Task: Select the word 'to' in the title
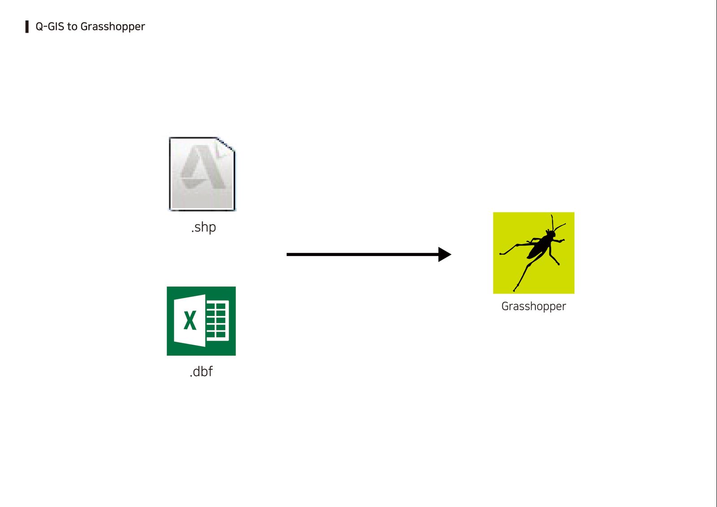click(x=72, y=27)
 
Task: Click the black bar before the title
click(x=27, y=26)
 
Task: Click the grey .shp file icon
click(x=202, y=174)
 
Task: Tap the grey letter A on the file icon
click(x=203, y=167)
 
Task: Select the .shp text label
click(x=203, y=227)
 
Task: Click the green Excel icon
click(x=201, y=321)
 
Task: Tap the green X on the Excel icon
click(x=190, y=321)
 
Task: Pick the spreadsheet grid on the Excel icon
click(x=217, y=321)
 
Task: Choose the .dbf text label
click(x=201, y=372)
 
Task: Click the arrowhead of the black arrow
click(x=445, y=255)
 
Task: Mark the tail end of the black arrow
click(x=287, y=255)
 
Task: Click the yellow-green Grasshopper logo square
click(x=534, y=253)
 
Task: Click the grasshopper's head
click(x=551, y=234)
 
